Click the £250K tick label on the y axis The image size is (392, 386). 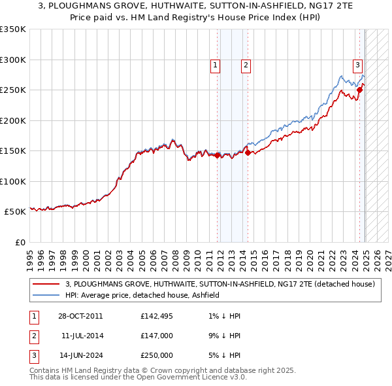[x=13, y=90]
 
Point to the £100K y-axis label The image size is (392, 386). [x=13, y=181]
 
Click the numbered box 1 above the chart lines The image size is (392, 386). [x=215, y=65]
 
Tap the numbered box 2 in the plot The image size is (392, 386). [x=246, y=65]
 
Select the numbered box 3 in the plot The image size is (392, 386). [x=358, y=65]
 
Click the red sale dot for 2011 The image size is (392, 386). [x=218, y=156]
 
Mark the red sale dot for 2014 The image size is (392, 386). [x=248, y=152]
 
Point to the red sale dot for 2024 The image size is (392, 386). [x=359, y=90]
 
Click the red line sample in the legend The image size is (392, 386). [x=46, y=284]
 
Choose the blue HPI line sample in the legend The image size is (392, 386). [x=46, y=295]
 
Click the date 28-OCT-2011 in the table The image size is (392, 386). [x=80, y=316]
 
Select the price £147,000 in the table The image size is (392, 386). [x=156, y=336]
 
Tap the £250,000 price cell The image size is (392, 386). [x=156, y=355]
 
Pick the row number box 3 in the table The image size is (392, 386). [x=33, y=355]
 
